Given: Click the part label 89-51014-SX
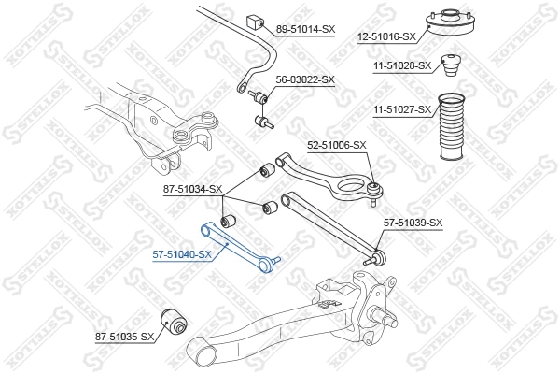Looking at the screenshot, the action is (305, 29).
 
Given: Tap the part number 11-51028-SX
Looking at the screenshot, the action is (402, 65).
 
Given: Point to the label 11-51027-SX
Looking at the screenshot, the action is (402, 109).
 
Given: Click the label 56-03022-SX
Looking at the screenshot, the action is (305, 79).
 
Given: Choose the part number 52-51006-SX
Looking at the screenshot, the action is (337, 145).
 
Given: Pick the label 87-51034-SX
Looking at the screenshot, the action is (192, 189).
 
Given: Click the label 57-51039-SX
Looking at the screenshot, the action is (413, 222).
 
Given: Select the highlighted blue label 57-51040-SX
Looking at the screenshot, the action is (182, 253).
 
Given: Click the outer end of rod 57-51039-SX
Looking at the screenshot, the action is (378, 252).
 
